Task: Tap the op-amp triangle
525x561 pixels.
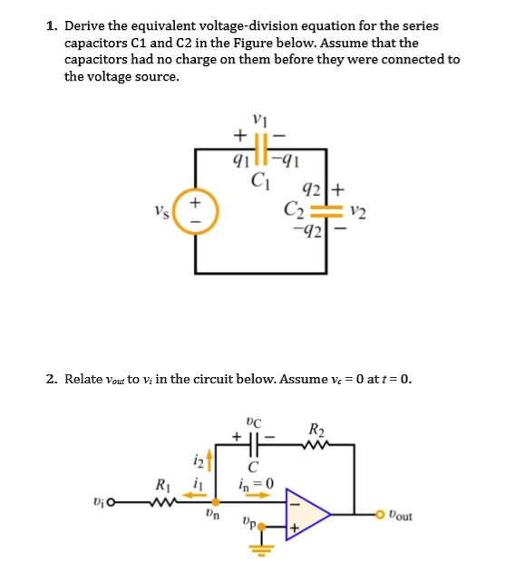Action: pos(306,512)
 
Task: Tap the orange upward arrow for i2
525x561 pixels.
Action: pos(215,461)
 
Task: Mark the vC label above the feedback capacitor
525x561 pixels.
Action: pos(253,421)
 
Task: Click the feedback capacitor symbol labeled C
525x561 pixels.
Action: pos(253,444)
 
